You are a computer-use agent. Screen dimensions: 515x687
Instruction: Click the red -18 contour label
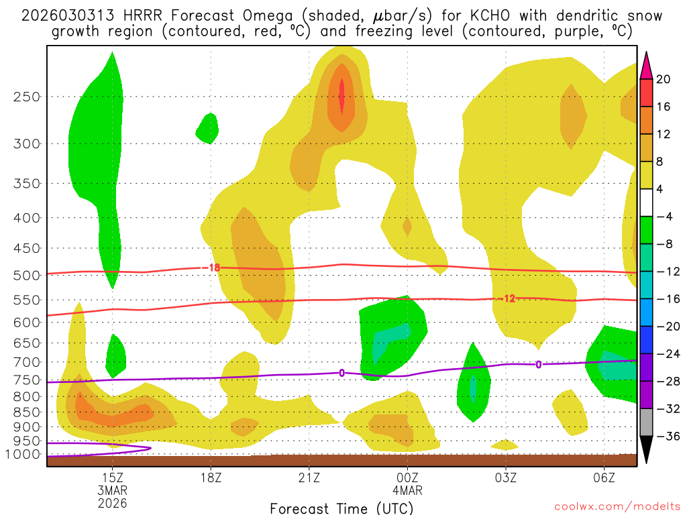213,268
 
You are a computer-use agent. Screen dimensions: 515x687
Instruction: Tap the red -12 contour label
509,298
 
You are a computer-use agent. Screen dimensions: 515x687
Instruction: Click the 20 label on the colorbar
664,79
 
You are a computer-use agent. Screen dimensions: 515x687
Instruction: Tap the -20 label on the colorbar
664,327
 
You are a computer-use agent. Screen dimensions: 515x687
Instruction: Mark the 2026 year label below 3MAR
112,502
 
